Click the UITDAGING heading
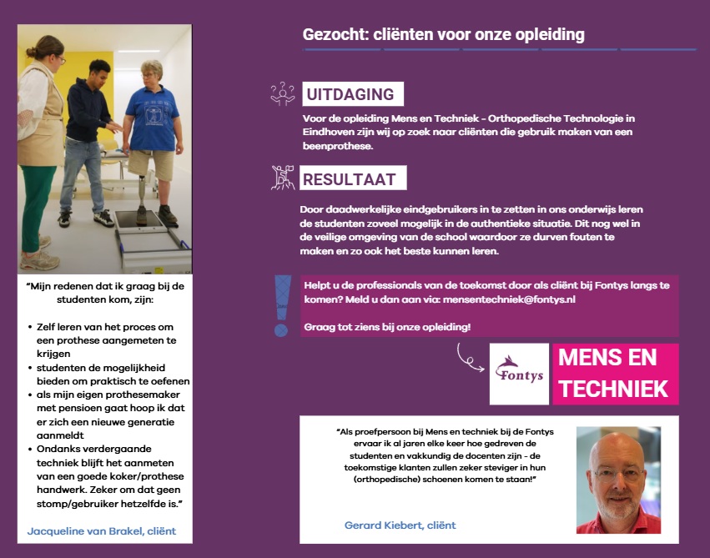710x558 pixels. coord(350,94)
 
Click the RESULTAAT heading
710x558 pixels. coord(351,178)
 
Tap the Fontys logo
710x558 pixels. coord(519,373)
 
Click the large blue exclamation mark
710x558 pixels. coord(283,304)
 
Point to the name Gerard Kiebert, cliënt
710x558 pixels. coord(400,525)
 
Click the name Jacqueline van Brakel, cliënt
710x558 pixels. coord(102,530)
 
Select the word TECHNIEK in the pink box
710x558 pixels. coord(614,389)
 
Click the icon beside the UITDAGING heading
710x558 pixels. coord(283,93)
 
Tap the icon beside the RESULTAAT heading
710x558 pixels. coord(283,178)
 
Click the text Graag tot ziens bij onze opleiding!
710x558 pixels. coord(387,326)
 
